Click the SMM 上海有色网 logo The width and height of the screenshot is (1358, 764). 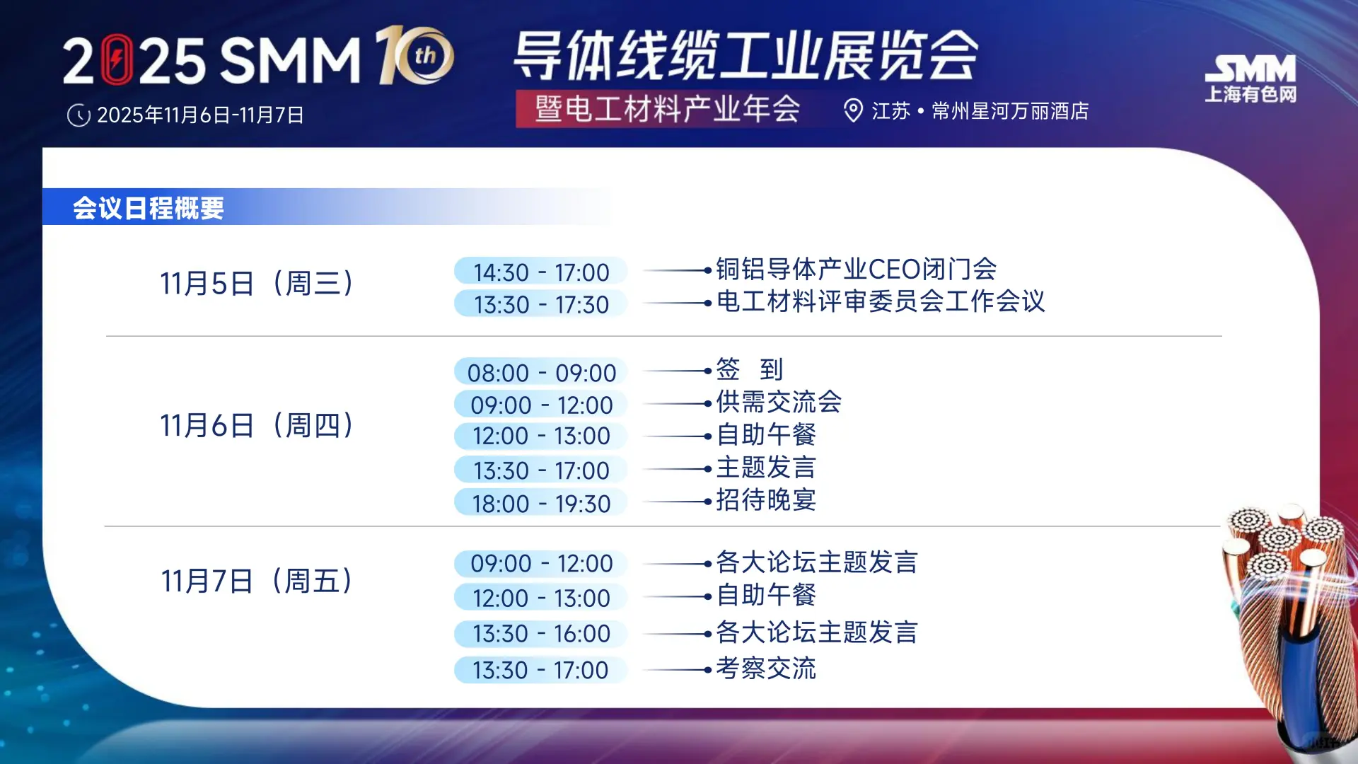[x=1250, y=78]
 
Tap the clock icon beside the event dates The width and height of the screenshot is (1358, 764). [x=79, y=115]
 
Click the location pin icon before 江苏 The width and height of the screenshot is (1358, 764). [x=853, y=110]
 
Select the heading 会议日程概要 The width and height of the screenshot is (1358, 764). [x=149, y=208]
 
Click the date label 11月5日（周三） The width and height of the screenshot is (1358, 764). [x=256, y=283]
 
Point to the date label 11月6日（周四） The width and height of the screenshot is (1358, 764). [x=256, y=425]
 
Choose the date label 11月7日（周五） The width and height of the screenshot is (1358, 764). [x=256, y=581]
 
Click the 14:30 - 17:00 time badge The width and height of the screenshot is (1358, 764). [x=541, y=272]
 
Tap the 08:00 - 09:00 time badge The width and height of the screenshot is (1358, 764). [x=541, y=372]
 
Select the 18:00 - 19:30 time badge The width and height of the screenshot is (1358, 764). [x=541, y=503]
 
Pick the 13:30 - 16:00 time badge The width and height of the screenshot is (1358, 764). [x=541, y=633]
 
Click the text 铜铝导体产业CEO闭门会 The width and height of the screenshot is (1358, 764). [x=856, y=269]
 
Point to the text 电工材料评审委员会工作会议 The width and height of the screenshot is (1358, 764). [x=880, y=301]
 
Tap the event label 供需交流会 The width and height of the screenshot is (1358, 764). [x=778, y=402]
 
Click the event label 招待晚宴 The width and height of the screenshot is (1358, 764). [x=766, y=500]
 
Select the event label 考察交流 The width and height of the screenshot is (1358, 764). [x=766, y=668]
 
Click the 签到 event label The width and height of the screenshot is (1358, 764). [x=749, y=369]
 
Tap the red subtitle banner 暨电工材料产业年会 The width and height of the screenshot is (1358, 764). [x=666, y=109]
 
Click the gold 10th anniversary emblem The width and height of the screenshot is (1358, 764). [x=414, y=55]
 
